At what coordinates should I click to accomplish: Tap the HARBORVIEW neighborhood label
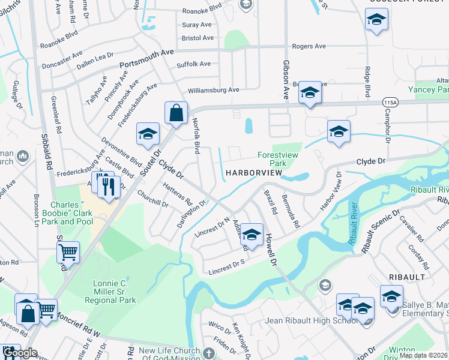pyautogui.click(x=254, y=173)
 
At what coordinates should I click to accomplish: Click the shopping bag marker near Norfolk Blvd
pyautogui.click(x=176, y=113)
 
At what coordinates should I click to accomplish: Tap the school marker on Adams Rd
pyautogui.click(x=252, y=235)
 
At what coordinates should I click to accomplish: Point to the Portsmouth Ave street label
pyautogui.click(x=146, y=59)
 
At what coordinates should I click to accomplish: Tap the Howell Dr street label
pyautogui.click(x=272, y=250)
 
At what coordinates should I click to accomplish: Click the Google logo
pyautogui.click(x=20, y=353)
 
